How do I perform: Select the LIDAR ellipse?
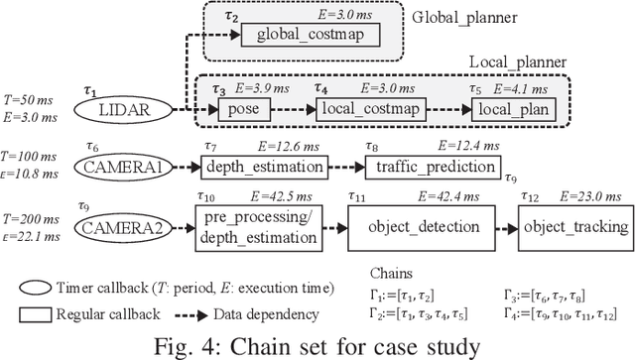[126, 108]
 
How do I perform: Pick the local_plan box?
[515, 108]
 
